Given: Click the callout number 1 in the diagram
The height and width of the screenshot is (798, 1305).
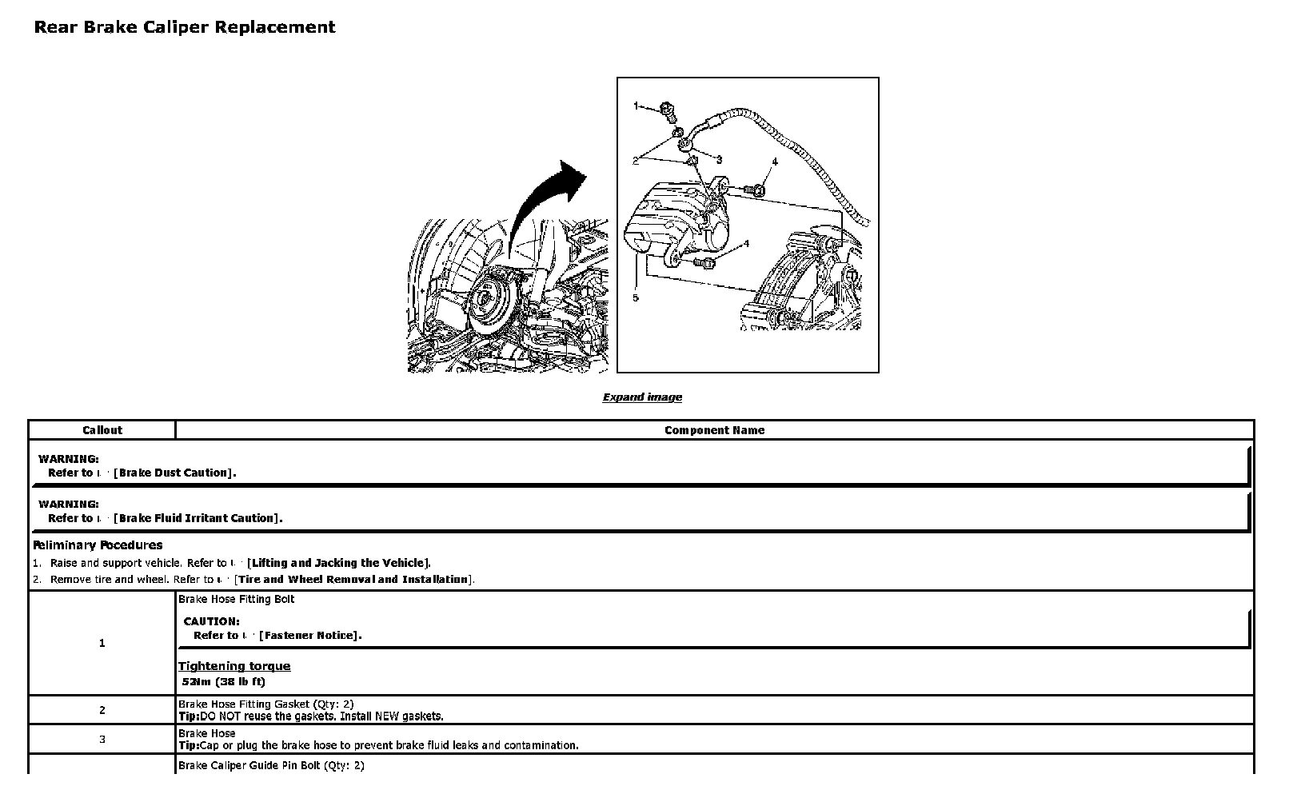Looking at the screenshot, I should (637, 106).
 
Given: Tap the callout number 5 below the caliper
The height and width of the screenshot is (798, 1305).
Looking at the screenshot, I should (636, 297).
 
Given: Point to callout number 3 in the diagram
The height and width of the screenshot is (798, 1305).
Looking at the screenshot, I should (719, 160).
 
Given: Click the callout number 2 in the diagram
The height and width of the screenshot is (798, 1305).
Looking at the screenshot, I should (636, 161).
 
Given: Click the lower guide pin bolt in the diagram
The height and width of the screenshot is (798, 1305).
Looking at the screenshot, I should (705, 262).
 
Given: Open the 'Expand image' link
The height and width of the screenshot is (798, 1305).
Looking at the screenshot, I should (642, 397).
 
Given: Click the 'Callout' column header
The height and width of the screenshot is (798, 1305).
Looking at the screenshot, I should (102, 430).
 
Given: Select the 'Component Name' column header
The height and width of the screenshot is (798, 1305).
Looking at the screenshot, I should (714, 430).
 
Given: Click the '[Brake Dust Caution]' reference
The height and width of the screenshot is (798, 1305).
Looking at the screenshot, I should (175, 473).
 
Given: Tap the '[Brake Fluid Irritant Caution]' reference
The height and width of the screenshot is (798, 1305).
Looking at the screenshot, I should (198, 518).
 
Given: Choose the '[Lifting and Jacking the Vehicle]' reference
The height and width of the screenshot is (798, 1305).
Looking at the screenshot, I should (339, 563).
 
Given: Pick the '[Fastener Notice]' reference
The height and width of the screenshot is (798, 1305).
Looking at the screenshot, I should (310, 636).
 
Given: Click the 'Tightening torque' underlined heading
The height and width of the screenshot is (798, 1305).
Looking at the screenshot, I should (234, 666).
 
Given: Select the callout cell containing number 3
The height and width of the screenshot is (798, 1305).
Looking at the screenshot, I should (102, 740).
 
